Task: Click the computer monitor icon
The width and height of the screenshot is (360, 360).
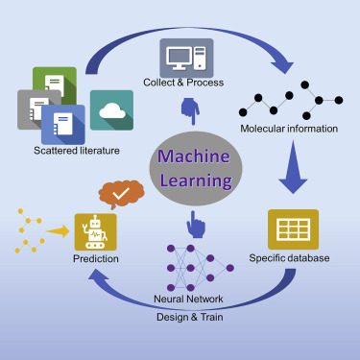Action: pos(186,55)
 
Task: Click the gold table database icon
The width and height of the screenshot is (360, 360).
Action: pos(293,228)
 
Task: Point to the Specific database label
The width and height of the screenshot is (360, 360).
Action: pos(289,258)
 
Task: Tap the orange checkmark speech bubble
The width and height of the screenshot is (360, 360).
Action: pos(121,198)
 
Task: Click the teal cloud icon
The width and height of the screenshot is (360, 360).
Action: pos(111,110)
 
